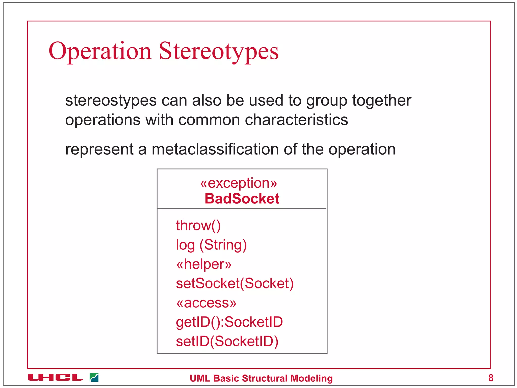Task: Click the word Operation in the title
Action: click(x=100, y=51)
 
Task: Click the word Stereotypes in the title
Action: click(x=219, y=51)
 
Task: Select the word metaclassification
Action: click(x=216, y=149)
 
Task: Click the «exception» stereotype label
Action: click(x=239, y=183)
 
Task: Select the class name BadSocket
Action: click(x=242, y=199)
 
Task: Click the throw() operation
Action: click(x=198, y=225)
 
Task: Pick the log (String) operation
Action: click(x=211, y=245)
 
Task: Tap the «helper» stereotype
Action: click(x=204, y=264)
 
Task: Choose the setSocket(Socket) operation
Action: click(x=235, y=283)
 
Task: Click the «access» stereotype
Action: click(x=206, y=303)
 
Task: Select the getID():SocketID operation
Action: click(x=229, y=322)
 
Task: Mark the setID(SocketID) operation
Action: click(x=227, y=341)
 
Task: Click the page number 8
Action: click(x=491, y=378)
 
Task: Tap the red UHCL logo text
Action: click(x=56, y=378)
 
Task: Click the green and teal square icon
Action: click(x=94, y=377)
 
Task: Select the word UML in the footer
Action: click(x=200, y=378)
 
